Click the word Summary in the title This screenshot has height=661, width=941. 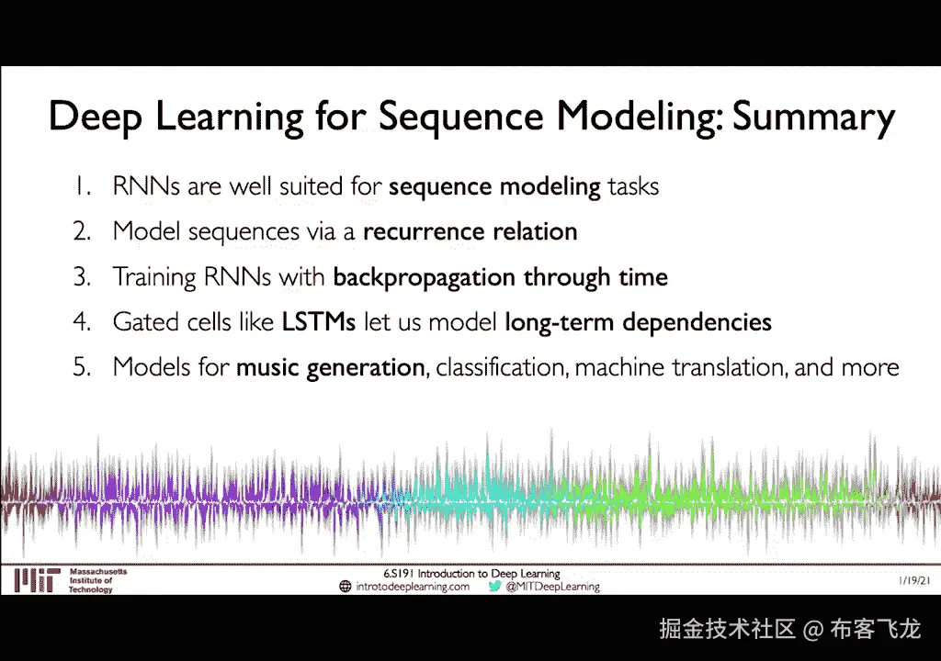[x=814, y=117]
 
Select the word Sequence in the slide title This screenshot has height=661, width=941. [x=461, y=118]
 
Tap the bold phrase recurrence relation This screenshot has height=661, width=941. [x=470, y=231]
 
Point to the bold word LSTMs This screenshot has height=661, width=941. [x=319, y=322]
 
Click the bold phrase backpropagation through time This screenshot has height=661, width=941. [x=501, y=278]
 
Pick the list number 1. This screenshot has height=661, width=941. [x=83, y=186]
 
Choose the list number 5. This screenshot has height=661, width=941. [x=82, y=367]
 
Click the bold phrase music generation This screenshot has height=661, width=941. [x=331, y=368]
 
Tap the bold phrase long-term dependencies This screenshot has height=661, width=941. [x=638, y=323]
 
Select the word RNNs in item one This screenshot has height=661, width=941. [x=146, y=186]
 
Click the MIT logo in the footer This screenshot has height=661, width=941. [x=37, y=580]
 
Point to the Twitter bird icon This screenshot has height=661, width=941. [x=493, y=586]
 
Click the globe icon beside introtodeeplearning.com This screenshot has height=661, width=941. [x=346, y=586]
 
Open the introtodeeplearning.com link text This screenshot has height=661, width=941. [x=413, y=587]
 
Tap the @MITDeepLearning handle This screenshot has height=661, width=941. [x=552, y=587]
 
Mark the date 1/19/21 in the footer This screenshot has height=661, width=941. [x=914, y=580]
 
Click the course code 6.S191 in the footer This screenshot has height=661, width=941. [x=399, y=574]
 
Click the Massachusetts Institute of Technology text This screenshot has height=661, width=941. [x=97, y=580]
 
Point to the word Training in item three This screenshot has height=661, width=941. [x=154, y=278]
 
